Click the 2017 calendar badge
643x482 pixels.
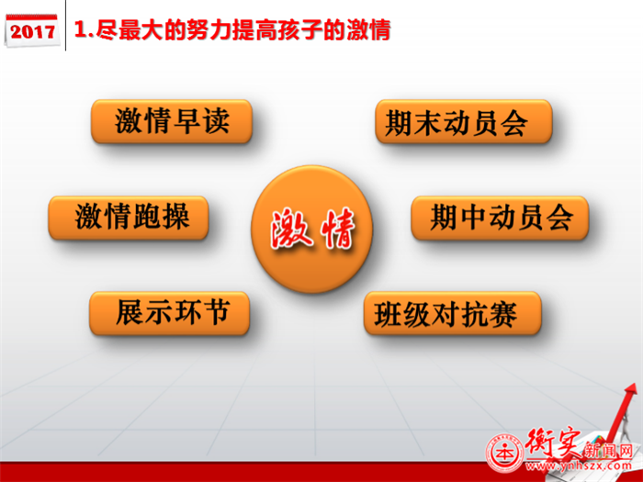pos(31,30)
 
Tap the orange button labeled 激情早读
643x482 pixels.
pos(172,121)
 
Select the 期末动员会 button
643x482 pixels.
pos(464,121)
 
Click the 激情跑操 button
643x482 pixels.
pos(129,218)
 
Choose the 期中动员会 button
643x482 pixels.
pos(500,218)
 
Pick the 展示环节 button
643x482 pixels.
pos(169,313)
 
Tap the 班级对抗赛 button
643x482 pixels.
pos(452,313)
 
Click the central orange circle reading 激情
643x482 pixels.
pos(311,229)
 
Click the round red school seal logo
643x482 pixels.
pos(505,453)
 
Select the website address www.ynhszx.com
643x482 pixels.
pos(579,465)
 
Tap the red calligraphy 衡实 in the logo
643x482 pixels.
pos(554,443)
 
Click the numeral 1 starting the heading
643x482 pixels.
pos(81,30)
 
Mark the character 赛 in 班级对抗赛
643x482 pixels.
pos(503,314)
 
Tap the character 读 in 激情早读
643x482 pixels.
pos(216,121)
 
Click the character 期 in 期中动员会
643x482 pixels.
pos(444,218)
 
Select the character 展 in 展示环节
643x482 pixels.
pos(130,313)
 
